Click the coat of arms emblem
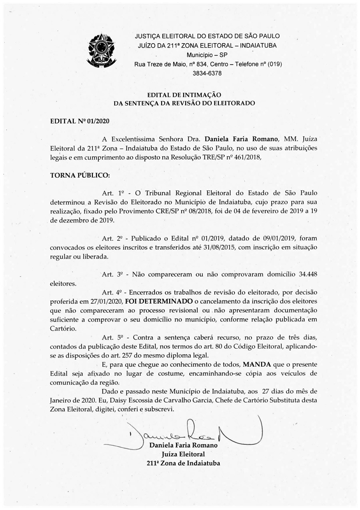click(x=101, y=50)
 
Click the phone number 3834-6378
click(x=207, y=74)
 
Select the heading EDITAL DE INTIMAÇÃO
click(x=184, y=95)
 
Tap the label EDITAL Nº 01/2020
click(x=80, y=120)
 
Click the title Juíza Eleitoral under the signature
click(x=183, y=454)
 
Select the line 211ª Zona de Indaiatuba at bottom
click(x=184, y=464)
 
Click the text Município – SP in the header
click(x=207, y=55)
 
